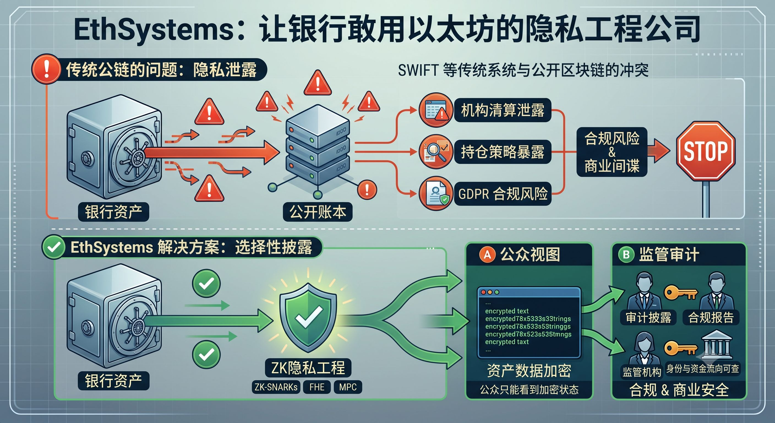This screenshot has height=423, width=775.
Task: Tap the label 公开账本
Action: point(318,212)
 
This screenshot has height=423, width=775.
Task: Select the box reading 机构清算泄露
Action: point(503,110)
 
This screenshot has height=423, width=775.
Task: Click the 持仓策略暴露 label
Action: point(503,152)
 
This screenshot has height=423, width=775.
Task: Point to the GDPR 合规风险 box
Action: point(503,194)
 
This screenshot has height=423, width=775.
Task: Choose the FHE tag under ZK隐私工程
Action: point(317,387)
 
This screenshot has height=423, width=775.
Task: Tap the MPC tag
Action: point(348,387)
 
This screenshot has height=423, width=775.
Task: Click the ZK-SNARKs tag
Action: point(276,387)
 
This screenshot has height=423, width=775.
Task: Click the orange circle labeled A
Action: point(487,255)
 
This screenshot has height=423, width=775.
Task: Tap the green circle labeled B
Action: point(626,255)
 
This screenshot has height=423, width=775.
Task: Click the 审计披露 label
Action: point(648,318)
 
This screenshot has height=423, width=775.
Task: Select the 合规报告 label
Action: point(711,318)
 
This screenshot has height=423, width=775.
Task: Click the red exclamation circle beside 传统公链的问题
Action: point(46,69)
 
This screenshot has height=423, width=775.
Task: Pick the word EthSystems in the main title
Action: point(154,30)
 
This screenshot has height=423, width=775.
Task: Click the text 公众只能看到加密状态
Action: point(529,390)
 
